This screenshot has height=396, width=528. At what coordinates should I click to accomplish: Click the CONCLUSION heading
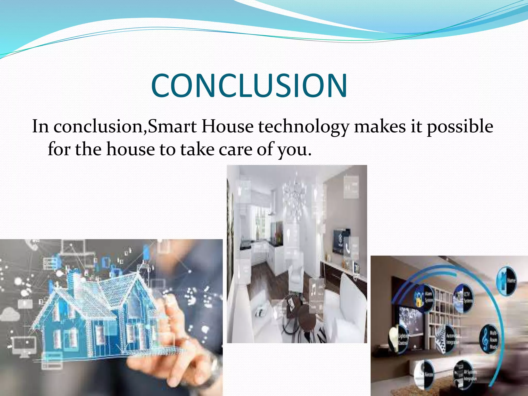click(x=249, y=86)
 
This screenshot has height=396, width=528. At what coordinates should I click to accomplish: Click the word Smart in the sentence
click(x=172, y=127)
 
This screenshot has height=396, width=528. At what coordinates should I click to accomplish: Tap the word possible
click(x=460, y=127)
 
